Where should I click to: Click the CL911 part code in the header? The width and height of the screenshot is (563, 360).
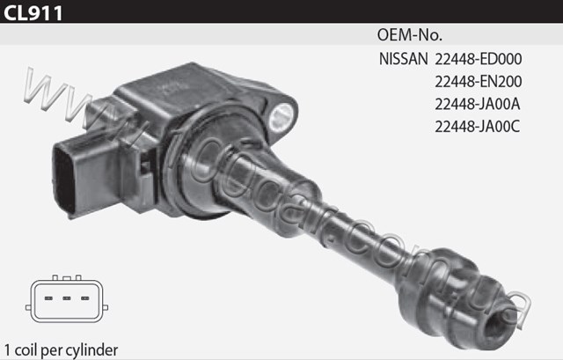tap(33, 13)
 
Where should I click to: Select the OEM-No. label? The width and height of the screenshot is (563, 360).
tap(410, 35)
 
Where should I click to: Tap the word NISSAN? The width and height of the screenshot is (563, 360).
tap(404, 59)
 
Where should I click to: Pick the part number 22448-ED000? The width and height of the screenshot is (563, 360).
tap(479, 59)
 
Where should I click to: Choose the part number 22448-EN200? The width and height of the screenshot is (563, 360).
tap(479, 82)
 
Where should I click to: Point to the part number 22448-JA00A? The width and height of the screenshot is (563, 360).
tap(478, 104)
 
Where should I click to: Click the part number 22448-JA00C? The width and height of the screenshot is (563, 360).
tap(478, 127)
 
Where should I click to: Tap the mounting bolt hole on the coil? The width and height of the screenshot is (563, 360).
tap(282, 115)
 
